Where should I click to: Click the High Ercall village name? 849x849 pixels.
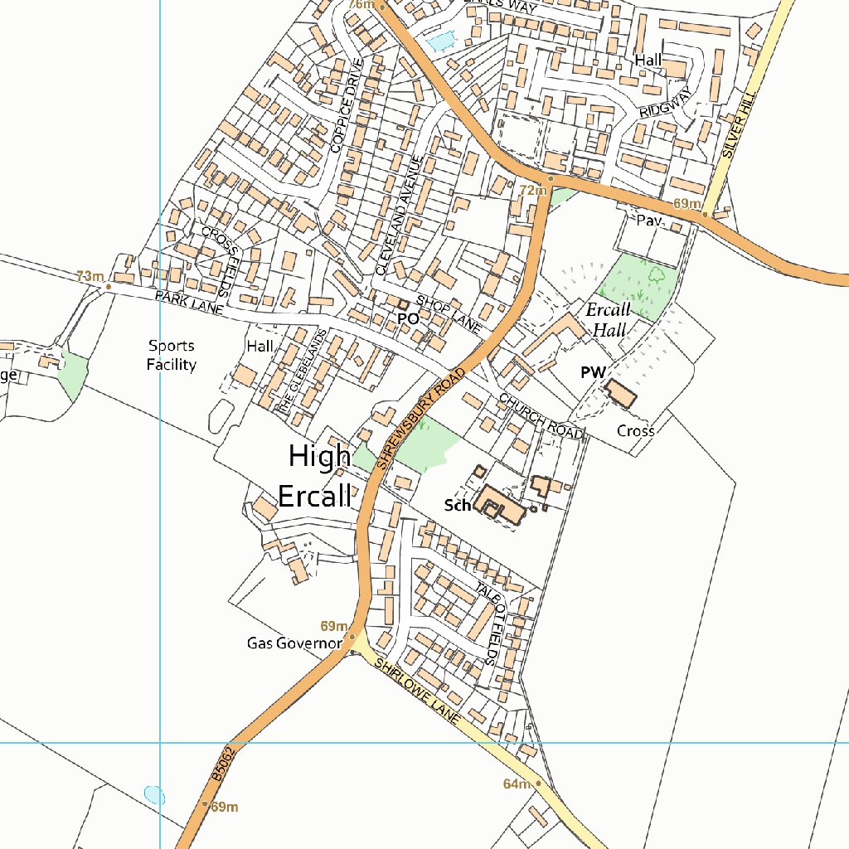(x=319, y=476)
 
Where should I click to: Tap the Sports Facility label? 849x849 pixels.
(x=172, y=355)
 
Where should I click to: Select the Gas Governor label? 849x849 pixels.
(x=294, y=643)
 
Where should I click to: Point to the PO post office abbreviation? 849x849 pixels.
(x=407, y=318)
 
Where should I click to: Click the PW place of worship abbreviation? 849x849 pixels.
(x=593, y=373)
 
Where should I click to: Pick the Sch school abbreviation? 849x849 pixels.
(x=457, y=505)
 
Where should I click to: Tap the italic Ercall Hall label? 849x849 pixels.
(x=608, y=319)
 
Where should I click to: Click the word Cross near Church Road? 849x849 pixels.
(x=636, y=431)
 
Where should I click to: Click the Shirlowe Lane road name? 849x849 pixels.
(x=415, y=693)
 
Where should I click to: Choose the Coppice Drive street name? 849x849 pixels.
(x=347, y=106)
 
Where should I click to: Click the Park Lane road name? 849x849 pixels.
(x=189, y=302)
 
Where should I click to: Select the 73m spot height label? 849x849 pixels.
(x=90, y=276)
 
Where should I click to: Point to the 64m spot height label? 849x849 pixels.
(x=517, y=784)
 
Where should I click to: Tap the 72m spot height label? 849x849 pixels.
(x=533, y=191)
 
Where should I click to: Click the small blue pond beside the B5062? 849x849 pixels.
(x=154, y=795)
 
